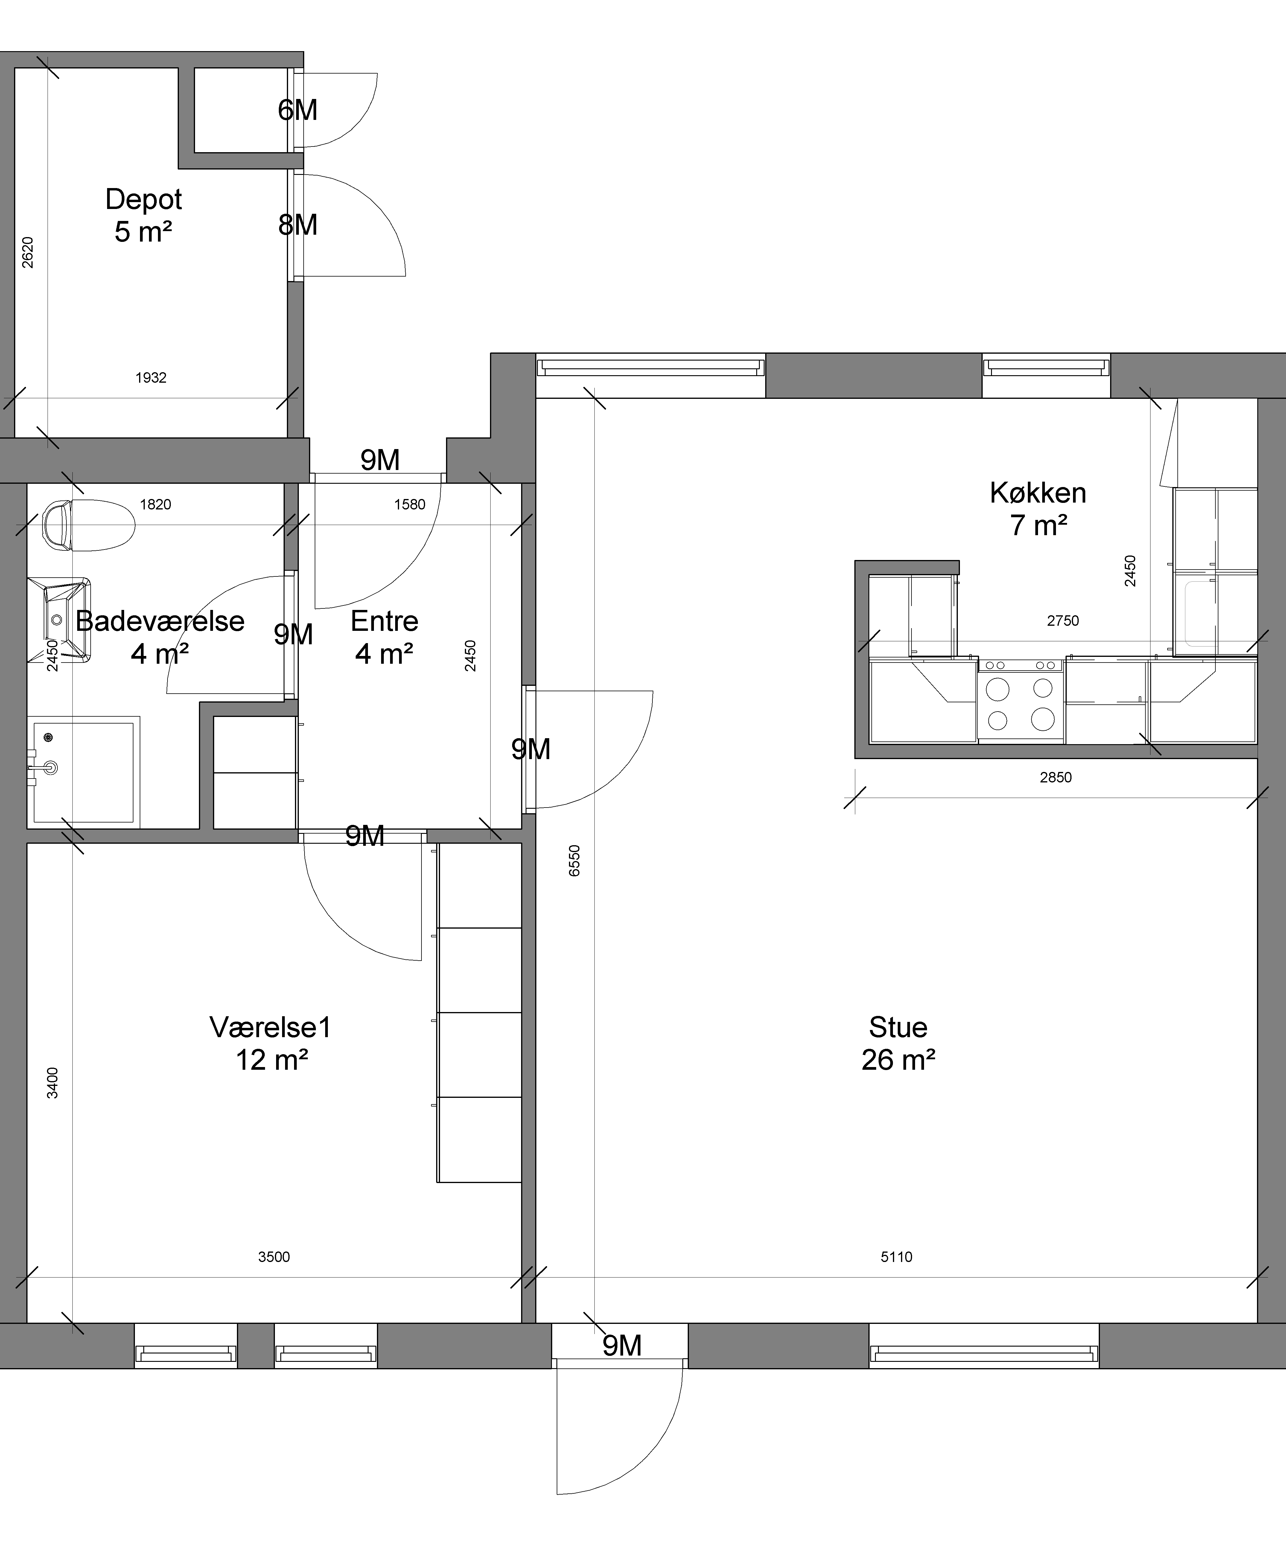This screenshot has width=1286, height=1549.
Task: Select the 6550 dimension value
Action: point(575,860)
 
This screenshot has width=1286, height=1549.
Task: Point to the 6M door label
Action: point(297,110)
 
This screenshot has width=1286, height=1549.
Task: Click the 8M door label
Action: point(297,225)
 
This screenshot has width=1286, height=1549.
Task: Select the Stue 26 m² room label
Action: point(898,1043)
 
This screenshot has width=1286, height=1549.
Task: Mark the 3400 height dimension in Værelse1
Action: point(52,1083)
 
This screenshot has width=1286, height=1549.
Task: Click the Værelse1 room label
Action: point(271,1043)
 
